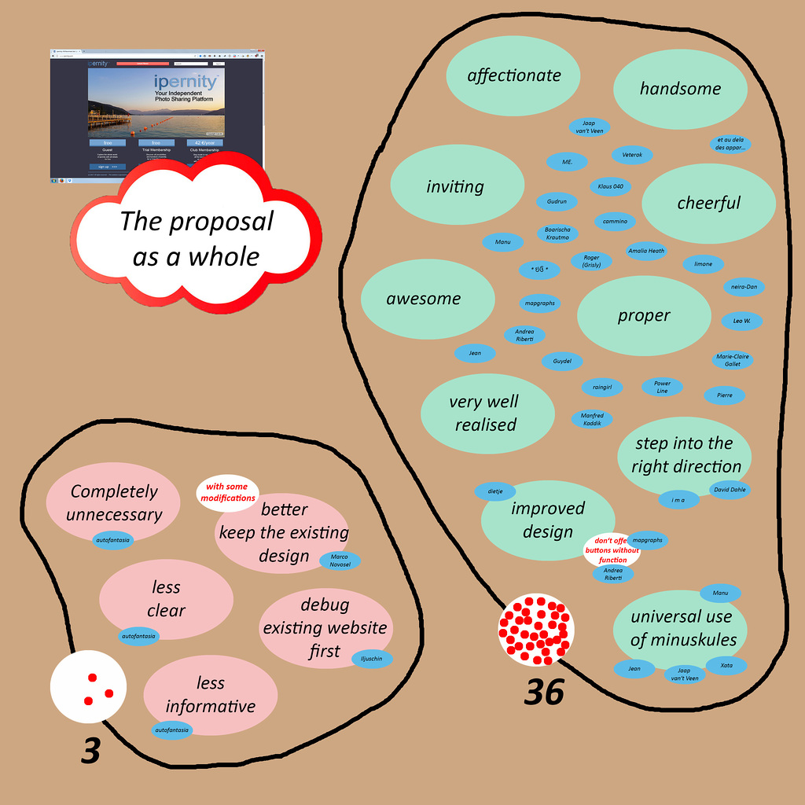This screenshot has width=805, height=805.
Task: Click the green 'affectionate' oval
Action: click(513, 75)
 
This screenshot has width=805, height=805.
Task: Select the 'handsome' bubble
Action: click(680, 89)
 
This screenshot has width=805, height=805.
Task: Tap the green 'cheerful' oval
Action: click(709, 204)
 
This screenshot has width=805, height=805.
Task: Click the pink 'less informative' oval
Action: click(211, 695)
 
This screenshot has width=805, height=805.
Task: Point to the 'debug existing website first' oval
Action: click(325, 627)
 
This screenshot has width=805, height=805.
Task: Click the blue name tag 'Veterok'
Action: click(632, 155)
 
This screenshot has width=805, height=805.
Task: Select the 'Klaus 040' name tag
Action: click(610, 187)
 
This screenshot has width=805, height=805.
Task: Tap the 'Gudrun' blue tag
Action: click(557, 202)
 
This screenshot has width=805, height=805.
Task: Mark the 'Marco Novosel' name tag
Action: click(340, 561)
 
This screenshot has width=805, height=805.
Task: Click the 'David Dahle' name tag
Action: click(728, 490)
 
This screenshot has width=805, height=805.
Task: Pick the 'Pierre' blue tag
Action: click(724, 395)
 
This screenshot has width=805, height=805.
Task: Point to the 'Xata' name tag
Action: click(726, 665)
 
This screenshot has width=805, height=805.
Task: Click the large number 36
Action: click(544, 692)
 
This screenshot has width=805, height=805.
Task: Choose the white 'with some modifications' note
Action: click(227, 493)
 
